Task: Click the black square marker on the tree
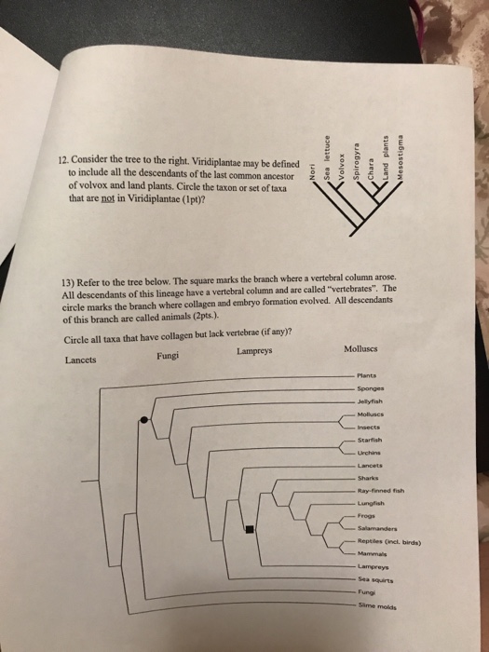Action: click(250, 532)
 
